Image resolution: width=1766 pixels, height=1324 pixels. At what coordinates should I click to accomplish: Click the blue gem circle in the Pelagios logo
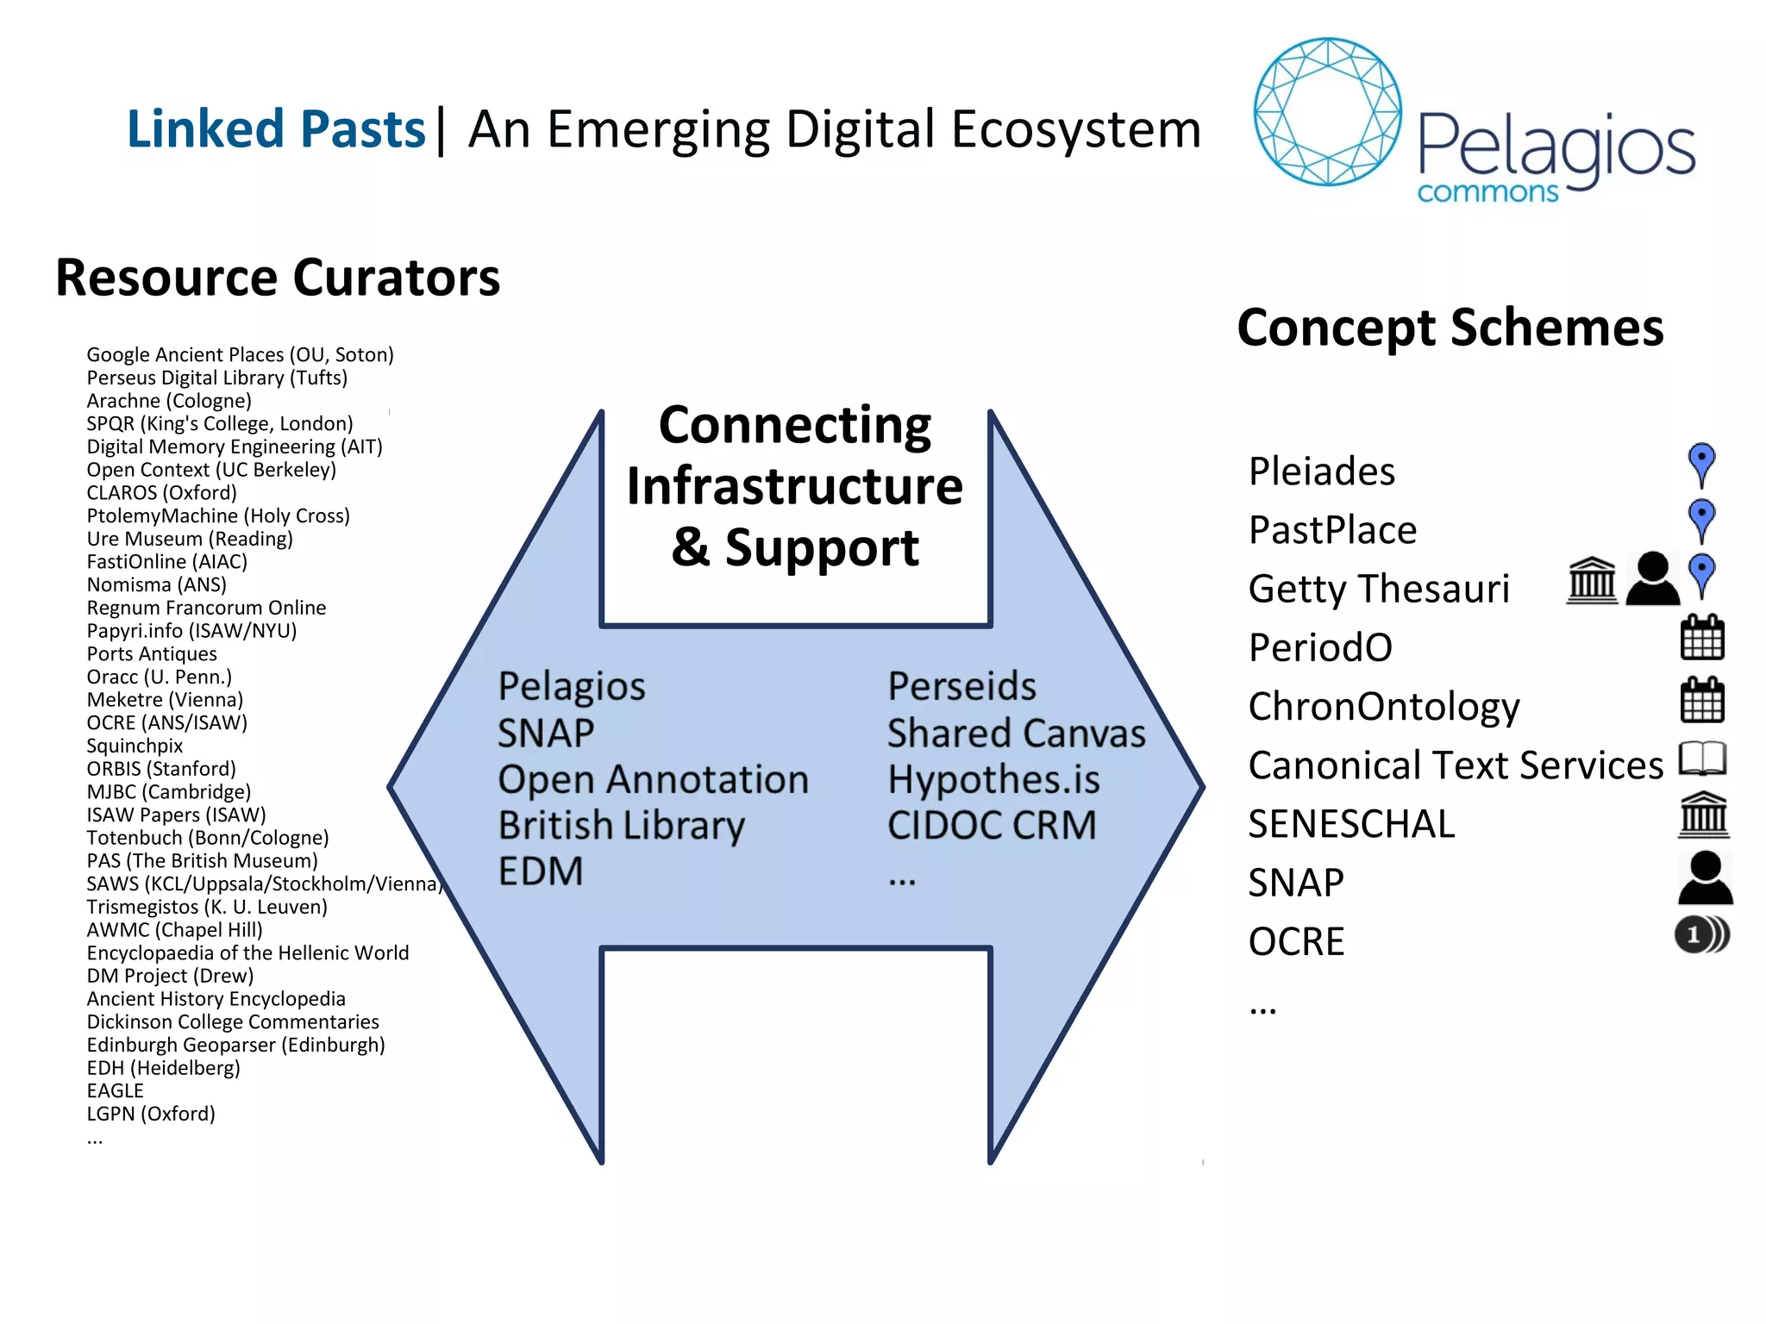point(1327,111)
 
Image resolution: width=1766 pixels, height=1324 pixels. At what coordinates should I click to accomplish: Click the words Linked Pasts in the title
point(276,129)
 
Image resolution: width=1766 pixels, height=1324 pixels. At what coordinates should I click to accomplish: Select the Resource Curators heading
point(278,278)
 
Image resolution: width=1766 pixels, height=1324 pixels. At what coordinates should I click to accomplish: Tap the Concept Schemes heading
point(1450,328)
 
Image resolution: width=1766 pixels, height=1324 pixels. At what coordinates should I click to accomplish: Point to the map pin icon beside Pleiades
point(1701,464)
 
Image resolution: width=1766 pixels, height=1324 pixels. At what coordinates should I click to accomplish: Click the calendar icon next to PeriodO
point(1702,639)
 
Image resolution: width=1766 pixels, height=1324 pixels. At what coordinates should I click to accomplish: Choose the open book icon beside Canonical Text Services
point(1703,759)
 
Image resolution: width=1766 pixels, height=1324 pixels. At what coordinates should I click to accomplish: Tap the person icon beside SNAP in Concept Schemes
point(1705,877)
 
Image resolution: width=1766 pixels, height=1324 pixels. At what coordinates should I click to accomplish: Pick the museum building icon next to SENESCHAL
point(1704,815)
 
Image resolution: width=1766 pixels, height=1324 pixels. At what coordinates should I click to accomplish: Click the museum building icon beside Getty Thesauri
point(1592,580)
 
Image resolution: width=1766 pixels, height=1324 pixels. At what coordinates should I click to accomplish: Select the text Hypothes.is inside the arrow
point(993,780)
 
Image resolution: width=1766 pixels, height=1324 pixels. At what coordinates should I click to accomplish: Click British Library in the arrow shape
point(622,826)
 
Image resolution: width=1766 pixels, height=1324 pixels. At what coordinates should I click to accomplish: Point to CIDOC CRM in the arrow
point(992,826)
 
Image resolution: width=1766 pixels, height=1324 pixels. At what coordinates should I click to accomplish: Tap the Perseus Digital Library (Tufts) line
point(217,378)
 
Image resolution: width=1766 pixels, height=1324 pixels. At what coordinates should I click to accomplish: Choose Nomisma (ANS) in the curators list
point(157,584)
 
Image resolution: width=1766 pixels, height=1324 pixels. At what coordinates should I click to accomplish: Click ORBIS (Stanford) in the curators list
point(161,769)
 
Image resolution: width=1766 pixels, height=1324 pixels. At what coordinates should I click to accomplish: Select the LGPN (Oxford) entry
point(151,1114)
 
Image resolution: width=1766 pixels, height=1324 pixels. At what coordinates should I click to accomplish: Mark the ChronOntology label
point(1384,707)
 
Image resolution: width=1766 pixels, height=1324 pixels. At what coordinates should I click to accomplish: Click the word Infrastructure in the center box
point(795,486)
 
